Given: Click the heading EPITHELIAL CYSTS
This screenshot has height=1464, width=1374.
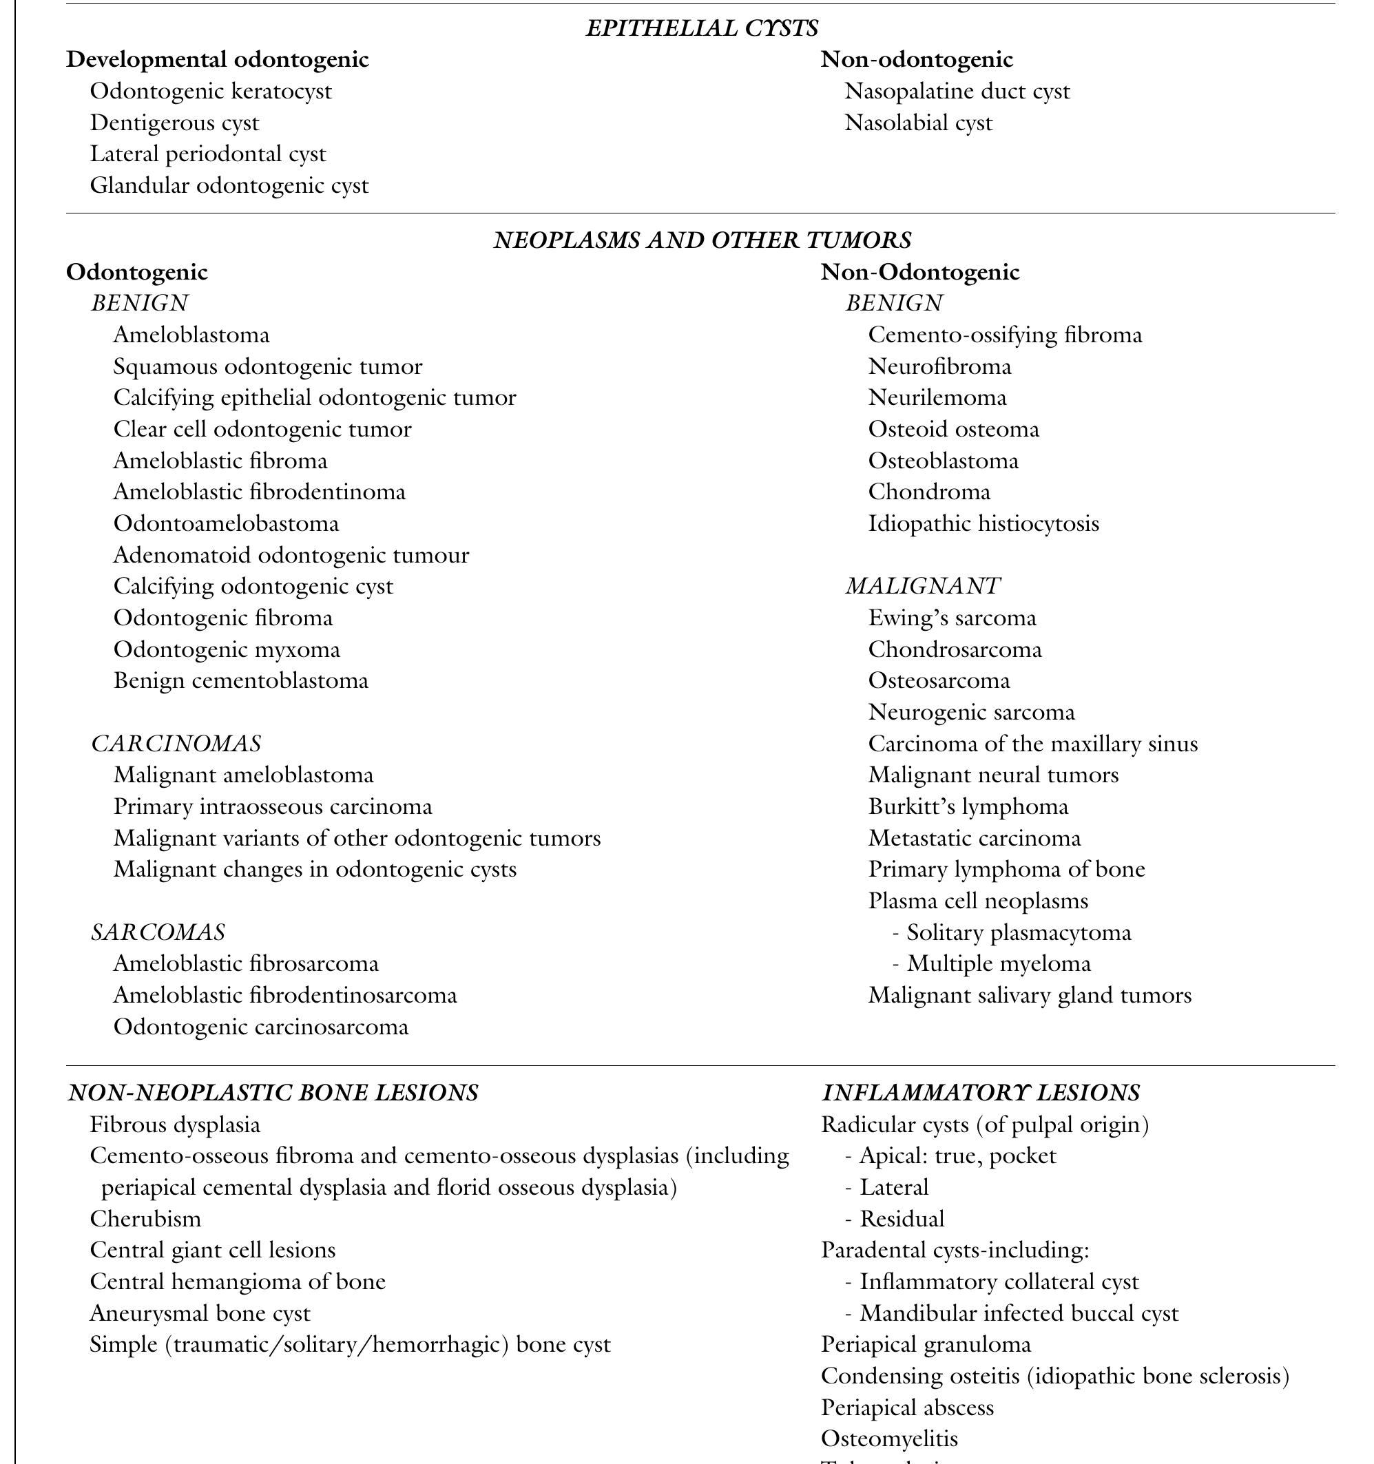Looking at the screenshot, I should (x=701, y=28).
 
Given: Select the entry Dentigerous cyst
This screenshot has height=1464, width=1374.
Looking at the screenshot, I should (x=174, y=123).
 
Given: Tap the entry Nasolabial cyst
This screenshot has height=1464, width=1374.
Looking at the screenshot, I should (x=917, y=123).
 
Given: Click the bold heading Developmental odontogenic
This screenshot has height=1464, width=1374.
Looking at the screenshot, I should (x=217, y=60).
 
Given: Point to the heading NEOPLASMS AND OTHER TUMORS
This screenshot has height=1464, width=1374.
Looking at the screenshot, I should (x=702, y=240).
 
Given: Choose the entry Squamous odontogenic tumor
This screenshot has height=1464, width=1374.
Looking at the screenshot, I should (x=267, y=366).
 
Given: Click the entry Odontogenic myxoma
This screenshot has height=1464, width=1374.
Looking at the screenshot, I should (x=226, y=649).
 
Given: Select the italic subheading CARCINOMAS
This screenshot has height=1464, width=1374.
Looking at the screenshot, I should (x=176, y=743).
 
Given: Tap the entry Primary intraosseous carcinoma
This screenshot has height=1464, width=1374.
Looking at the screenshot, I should (x=273, y=806).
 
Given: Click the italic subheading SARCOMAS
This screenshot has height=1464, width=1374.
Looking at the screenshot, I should (x=158, y=932).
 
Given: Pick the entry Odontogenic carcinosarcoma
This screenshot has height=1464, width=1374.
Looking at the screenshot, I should (x=260, y=1027).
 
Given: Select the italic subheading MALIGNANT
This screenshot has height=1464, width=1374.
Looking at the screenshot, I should (x=922, y=586).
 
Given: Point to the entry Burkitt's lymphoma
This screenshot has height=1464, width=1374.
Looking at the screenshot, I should (x=968, y=806).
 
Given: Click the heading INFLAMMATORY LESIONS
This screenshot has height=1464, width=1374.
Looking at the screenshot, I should (x=980, y=1092).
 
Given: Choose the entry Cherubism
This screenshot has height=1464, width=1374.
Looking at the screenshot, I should (x=145, y=1219).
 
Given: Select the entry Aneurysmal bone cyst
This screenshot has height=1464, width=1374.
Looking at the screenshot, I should (x=200, y=1313).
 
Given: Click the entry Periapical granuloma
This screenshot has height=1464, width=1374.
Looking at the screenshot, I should (x=926, y=1345).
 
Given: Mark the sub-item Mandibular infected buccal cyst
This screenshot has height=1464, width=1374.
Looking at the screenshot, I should (x=1018, y=1313).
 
